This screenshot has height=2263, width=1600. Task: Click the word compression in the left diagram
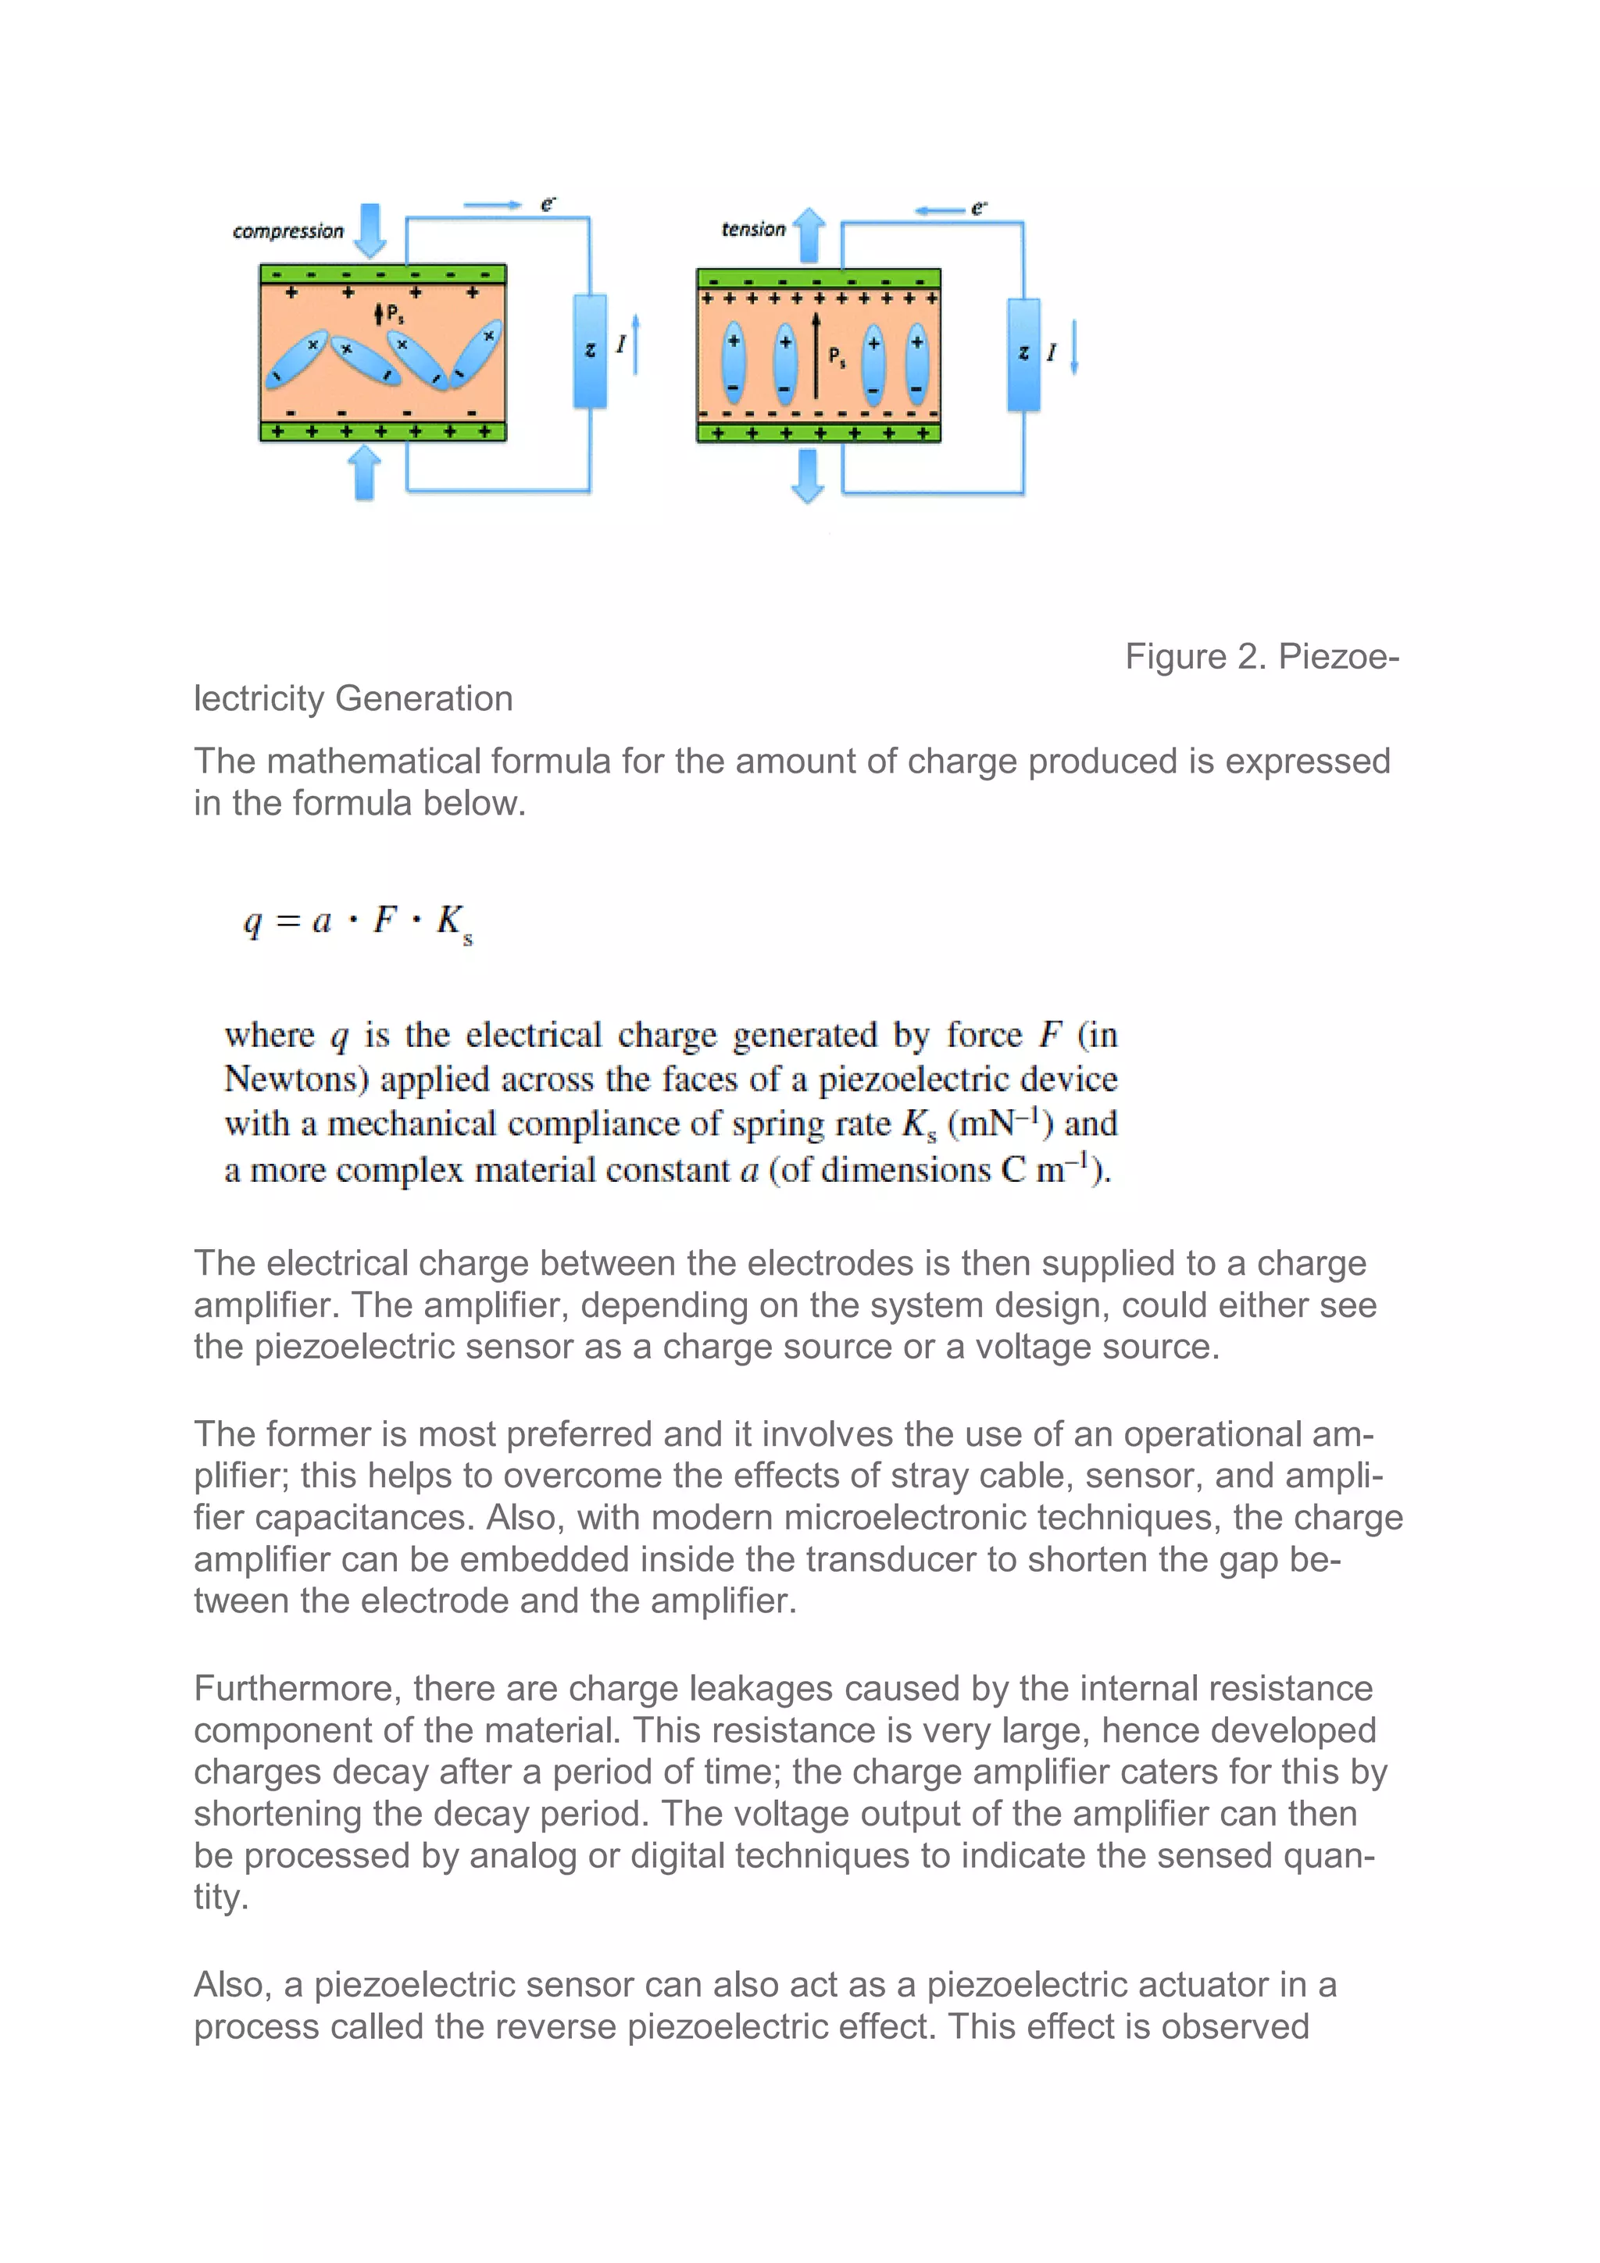[287, 232]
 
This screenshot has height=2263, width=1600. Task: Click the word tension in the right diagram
[753, 230]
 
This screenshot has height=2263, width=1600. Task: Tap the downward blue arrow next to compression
[370, 230]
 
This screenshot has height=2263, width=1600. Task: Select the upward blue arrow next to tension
[809, 234]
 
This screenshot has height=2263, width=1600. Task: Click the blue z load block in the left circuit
[590, 351]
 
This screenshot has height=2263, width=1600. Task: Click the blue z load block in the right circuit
[1023, 354]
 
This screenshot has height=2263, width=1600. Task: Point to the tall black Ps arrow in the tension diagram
[816, 355]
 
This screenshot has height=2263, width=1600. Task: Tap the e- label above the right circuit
[978, 208]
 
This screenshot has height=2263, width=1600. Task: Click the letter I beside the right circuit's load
[1051, 352]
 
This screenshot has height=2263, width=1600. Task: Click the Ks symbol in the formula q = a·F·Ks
[453, 923]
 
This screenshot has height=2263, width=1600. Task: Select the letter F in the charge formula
[384, 919]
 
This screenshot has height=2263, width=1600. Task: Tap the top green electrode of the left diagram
[383, 274]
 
